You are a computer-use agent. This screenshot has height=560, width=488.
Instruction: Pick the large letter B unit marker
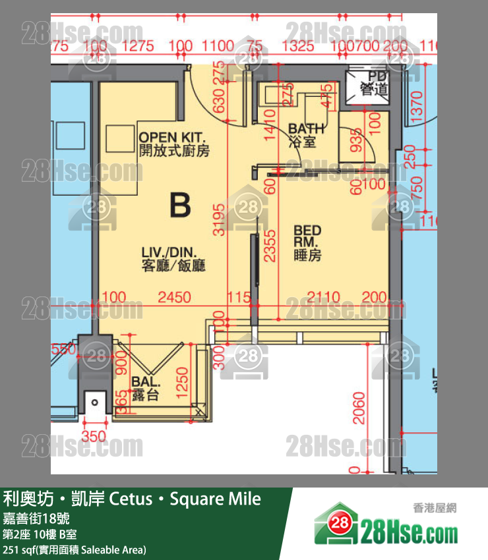click(179, 206)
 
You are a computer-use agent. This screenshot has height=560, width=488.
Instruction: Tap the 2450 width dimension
click(175, 298)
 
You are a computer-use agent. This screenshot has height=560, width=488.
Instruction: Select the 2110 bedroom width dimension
click(324, 298)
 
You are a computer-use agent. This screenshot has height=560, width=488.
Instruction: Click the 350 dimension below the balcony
click(94, 435)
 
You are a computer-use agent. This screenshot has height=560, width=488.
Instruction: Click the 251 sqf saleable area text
click(75, 549)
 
